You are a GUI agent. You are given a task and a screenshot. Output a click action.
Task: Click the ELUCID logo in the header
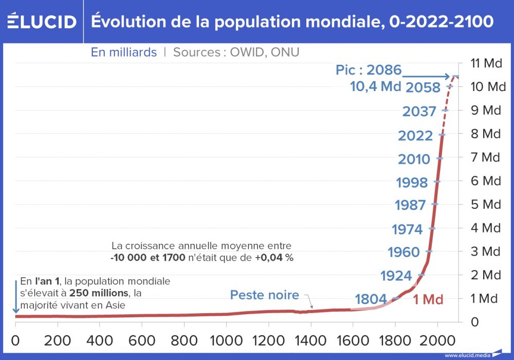tap(42, 22)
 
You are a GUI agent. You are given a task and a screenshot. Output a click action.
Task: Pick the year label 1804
tap(371, 299)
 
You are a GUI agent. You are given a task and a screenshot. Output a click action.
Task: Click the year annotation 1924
tap(396, 276)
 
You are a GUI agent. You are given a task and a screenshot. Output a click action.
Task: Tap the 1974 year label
tap(407, 229)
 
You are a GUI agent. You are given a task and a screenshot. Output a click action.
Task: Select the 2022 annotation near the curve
tap(415, 136)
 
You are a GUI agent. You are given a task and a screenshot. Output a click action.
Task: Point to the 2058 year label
tap(423, 87)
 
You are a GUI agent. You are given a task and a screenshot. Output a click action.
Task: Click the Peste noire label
tap(264, 295)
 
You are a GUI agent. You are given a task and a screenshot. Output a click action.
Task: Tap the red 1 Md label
tap(428, 300)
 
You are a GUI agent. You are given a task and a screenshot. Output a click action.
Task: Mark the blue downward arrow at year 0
tap(16, 295)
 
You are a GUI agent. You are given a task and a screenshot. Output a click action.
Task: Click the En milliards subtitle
tap(124, 52)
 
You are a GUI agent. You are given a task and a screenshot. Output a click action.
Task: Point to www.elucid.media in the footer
tap(467, 355)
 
